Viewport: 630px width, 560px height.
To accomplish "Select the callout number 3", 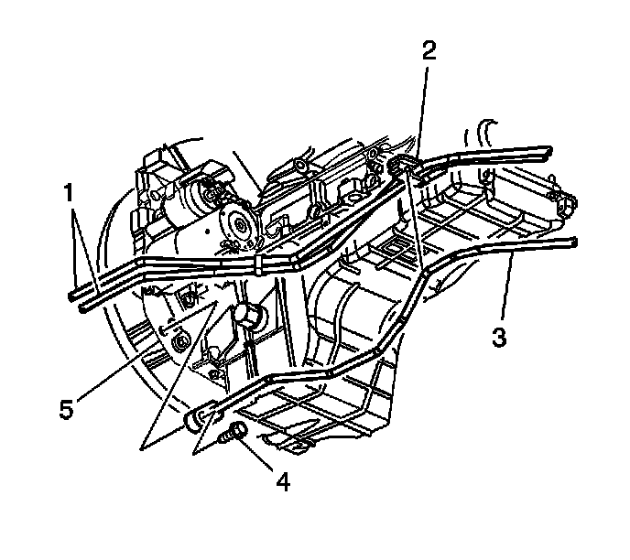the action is pyautogui.click(x=498, y=337).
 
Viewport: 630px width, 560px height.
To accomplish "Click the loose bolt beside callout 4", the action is pyautogui.click(x=233, y=432).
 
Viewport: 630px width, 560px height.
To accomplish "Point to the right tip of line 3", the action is pyautogui.click(x=573, y=242).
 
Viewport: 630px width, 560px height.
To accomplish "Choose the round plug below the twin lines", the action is pyautogui.click(x=247, y=316).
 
